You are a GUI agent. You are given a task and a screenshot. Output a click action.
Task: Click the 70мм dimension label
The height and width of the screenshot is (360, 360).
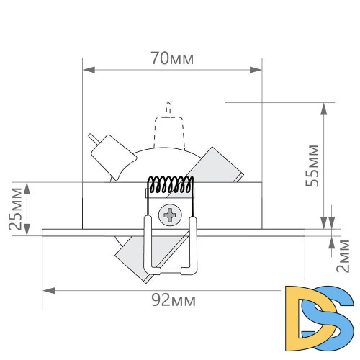[x=172, y=58]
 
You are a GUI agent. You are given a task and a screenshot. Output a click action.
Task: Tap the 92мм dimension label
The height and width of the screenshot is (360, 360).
[x=174, y=300]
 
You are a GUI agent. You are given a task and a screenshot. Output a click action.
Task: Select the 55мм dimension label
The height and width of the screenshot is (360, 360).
[x=312, y=166]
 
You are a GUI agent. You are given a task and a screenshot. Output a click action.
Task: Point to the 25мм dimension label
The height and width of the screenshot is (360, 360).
[x=16, y=209]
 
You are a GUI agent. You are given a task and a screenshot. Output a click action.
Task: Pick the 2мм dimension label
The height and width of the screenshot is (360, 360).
[x=343, y=256]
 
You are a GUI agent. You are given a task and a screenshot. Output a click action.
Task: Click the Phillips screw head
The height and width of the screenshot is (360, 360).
[x=170, y=215]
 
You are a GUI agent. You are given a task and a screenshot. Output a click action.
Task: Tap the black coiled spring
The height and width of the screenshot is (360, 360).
[x=171, y=184]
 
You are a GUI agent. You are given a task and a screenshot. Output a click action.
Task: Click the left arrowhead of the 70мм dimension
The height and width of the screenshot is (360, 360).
[x=89, y=70]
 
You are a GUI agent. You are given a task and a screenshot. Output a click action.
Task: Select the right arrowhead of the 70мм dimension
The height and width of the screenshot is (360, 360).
[x=256, y=70]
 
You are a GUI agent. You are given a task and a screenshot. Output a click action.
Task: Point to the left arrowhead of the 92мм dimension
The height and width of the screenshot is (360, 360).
[x=49, y=291]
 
